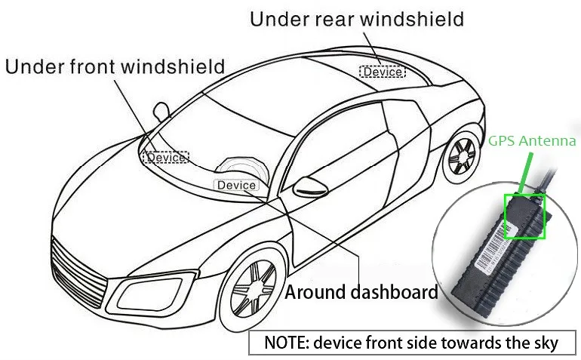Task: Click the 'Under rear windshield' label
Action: coord(356,19)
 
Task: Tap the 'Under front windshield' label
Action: coord(115,66)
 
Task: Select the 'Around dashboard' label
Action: coord(361,292)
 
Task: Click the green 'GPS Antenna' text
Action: coord(532,140)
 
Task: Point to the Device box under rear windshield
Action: coord(383,72)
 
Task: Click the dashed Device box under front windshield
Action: coord(166,158)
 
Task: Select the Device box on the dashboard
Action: coord(237,185)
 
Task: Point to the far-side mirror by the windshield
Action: coord(161,111)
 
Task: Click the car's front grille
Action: coord(75,272)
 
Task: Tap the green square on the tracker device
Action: coord(524,216)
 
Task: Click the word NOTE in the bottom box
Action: coord(282,342)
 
